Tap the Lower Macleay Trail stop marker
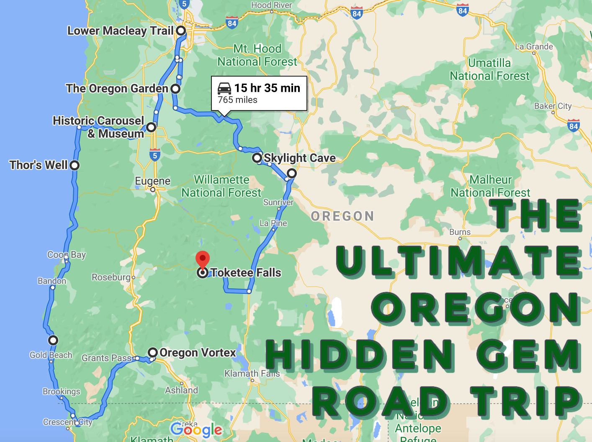pos(180,31)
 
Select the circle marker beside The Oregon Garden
pos(175,88)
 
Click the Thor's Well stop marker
pos(75,165)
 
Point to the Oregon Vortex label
pos(198,352)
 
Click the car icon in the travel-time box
pos(224,88)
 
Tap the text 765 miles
pos(237,100)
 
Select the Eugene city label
pos(152,181)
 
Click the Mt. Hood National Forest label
pos(257,55)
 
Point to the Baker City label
pos(553,106)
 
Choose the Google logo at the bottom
pos(196,430)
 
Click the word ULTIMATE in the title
pos(458,261)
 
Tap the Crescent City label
pos(67,422)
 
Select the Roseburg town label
pos(111,277)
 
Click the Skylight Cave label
pos(299,158)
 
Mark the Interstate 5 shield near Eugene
pos(155,155)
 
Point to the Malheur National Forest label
pos(490,186)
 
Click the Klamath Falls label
pos(252,373)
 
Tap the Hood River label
pos(271,5)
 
